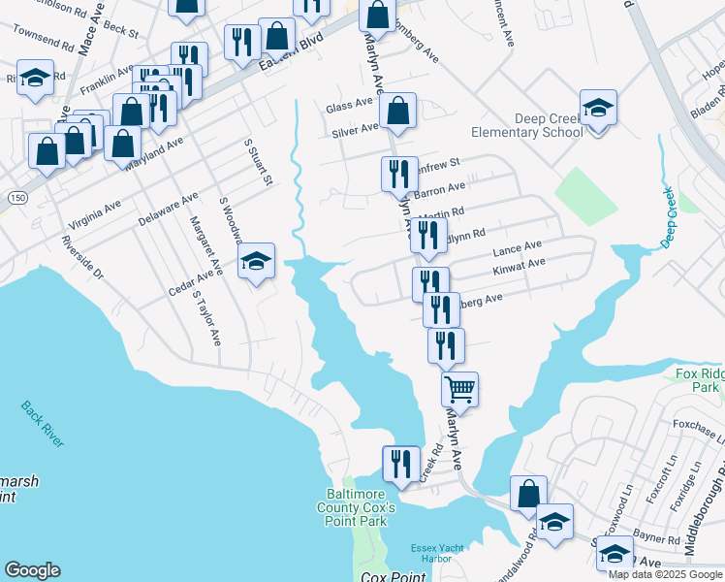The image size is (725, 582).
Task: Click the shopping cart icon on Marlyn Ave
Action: coord(459,388)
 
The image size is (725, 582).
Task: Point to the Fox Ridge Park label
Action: coord(699,379)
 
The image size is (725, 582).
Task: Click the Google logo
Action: coord(32,570)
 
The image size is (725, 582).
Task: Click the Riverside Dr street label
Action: coord(81,257)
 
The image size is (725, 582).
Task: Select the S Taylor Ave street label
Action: coord(206,316)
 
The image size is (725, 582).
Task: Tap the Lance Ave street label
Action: coord(518,249)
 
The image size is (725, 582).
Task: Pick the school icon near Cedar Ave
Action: coord(256,261)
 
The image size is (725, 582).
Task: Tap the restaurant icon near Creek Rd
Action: coord(399,463)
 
